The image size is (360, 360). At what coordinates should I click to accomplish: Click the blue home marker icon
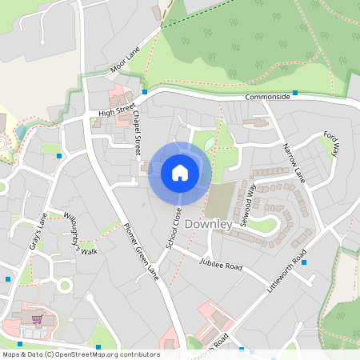180,172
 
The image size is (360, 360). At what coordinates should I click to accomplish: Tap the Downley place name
208,225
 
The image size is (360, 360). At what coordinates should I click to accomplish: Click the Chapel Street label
137,132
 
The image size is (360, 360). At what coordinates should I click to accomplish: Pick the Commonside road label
267,96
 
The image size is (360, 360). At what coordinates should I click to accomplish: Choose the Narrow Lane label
294,162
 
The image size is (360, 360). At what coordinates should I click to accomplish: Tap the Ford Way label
331,144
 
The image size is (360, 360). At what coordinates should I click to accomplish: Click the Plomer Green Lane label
142,250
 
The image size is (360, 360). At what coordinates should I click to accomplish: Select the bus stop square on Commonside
295,94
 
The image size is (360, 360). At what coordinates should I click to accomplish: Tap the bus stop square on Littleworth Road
304,262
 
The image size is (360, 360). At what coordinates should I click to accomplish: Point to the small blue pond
209,144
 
